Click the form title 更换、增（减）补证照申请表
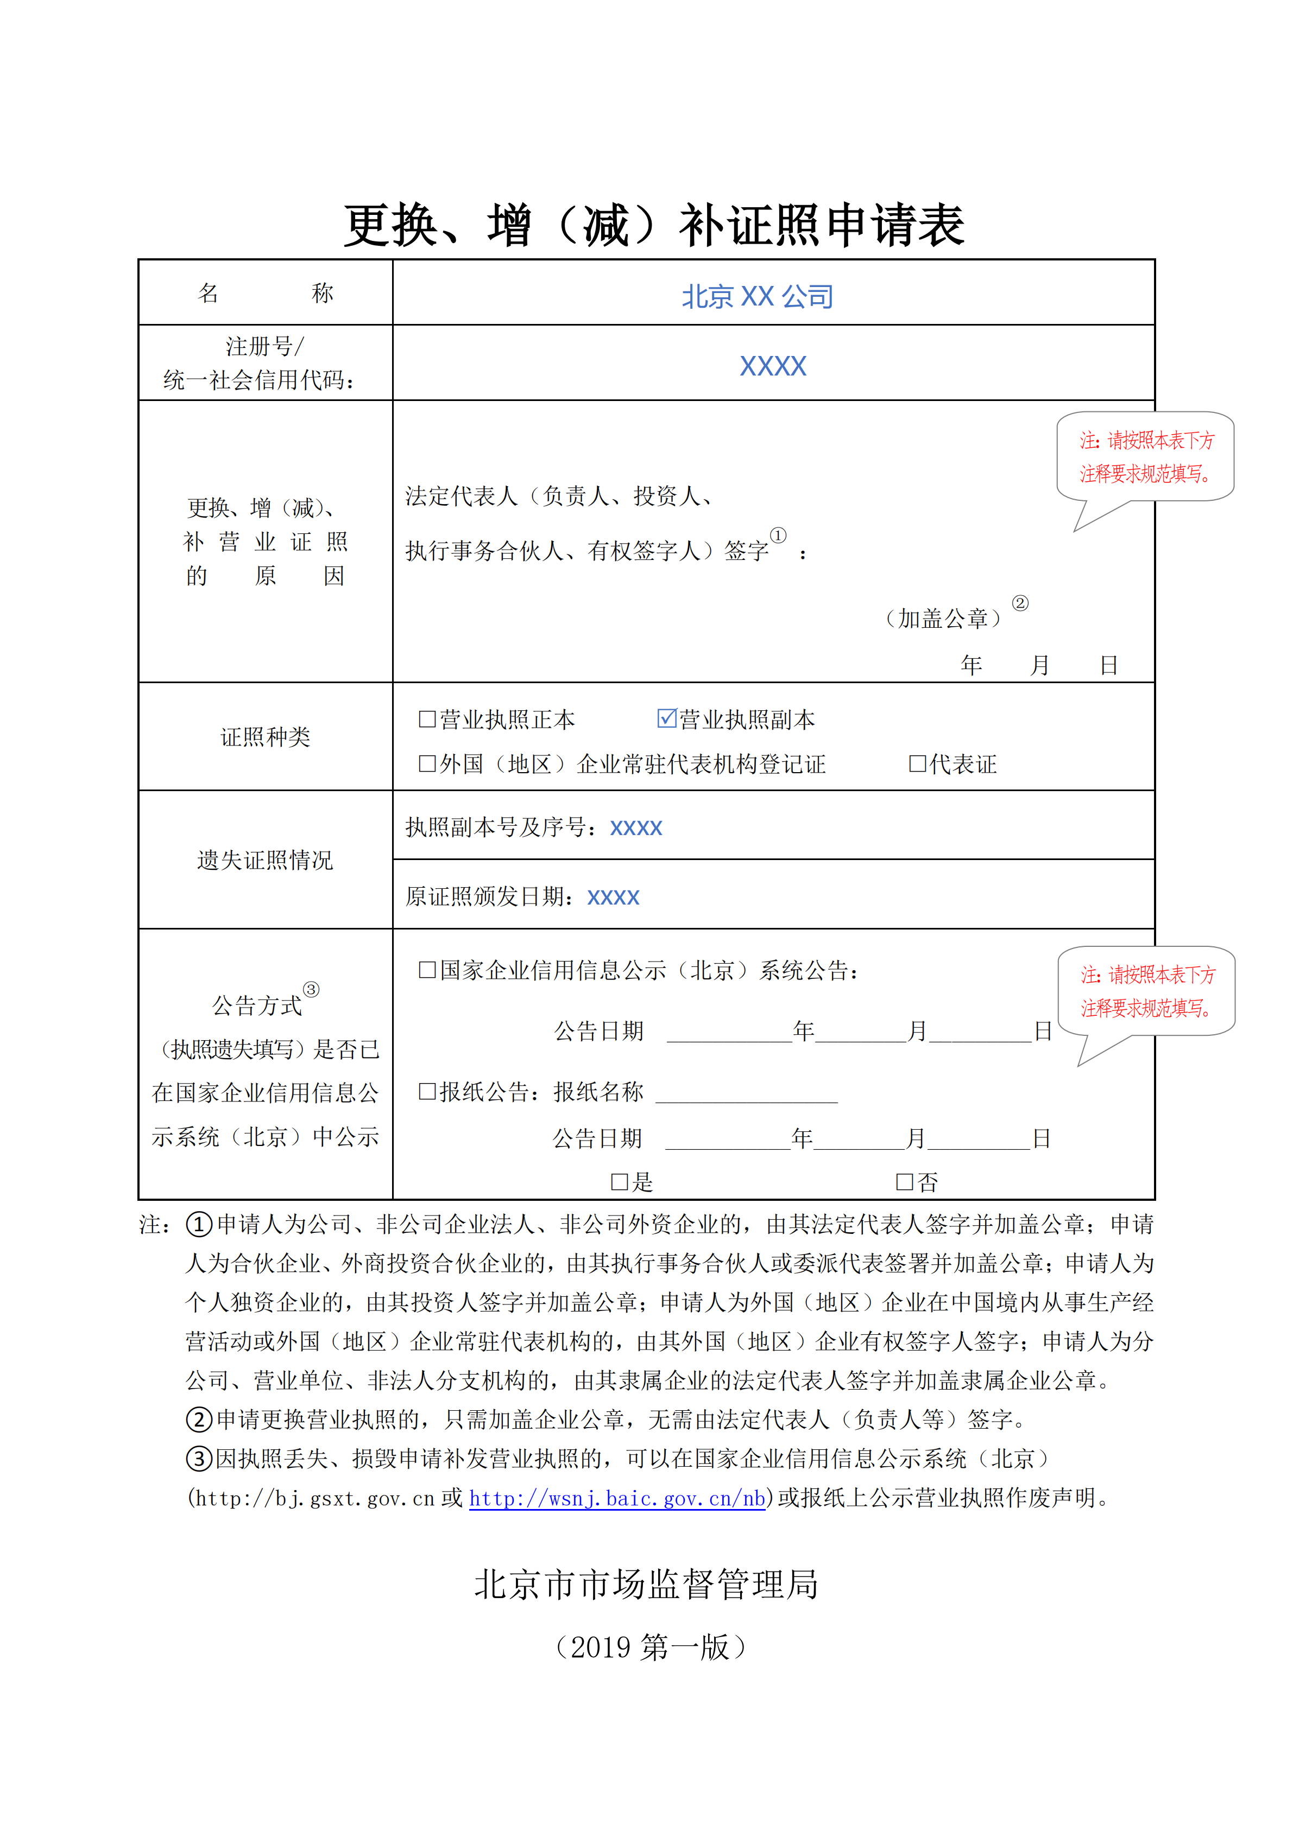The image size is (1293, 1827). tap(654, 225)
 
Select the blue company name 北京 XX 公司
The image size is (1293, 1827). tap(757, 297)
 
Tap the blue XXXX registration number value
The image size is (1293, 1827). tap(772, 366)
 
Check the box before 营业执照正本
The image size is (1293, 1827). tap(427, 720)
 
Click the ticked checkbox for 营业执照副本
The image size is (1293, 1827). tap(666, 718)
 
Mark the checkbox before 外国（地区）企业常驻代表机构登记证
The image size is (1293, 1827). tap(427, 764)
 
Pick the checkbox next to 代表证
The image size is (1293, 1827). tap(917, 764)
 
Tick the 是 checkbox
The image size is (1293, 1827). tap(620, 1182)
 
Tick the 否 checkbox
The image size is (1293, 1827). tap(905, 1182)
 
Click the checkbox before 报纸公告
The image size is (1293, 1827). tap(427, 1092)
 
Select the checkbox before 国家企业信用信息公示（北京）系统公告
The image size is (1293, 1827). tap(427, 970)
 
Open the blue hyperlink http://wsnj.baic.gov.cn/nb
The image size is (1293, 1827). tap(617, 1498)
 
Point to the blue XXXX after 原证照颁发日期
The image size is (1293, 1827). tap(613, 897)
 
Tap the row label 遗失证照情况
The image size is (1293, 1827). tap(265, 860)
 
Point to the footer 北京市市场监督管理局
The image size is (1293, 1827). tap(646, 1583)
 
